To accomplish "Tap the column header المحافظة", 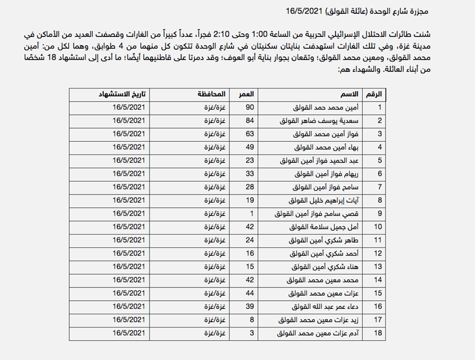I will click(209, 94).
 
